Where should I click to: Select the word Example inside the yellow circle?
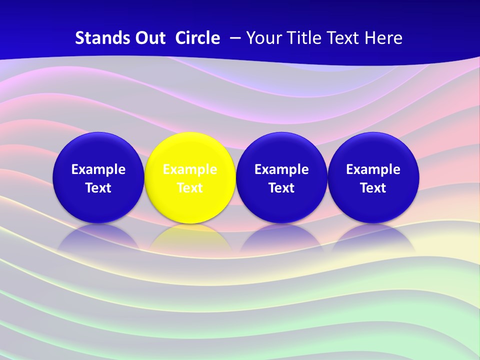[190, 169]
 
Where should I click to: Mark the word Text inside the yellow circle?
[190, 188]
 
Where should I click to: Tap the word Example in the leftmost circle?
[98, 169]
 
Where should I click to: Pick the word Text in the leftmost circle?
[98, 188]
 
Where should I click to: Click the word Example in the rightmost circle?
[373, 169]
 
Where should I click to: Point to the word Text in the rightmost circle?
[373, 188]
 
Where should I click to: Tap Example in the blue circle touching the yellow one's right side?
[281, 169]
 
